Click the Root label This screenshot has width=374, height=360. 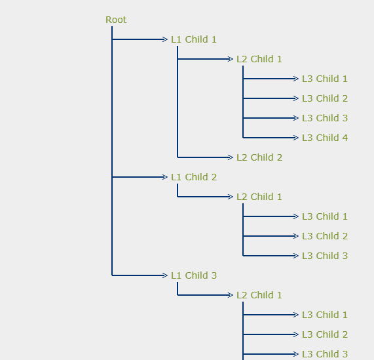click(x=116, y=20)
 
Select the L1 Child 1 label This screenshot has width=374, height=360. click(x=193, y=39)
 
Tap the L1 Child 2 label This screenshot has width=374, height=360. click(x=193, y=177)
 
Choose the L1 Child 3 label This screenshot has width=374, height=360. click(x=193, y=275)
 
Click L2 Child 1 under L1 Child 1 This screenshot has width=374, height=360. click(x=259, y=59)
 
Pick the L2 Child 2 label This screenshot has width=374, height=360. click(x=259, y=157)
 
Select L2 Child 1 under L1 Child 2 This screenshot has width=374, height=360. click(x=259, y=197)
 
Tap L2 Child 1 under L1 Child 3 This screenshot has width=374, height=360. click(x=259, y=295)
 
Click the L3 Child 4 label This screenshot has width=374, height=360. click(x=324, y=138)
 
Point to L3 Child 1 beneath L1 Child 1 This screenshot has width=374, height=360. click(x=324, y=79)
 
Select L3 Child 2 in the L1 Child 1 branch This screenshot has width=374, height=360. click(x=324, y=98)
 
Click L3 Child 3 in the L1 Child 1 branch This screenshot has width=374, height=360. click(x=324, y=118)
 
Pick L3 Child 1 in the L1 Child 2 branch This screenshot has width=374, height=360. click(x=324, y=216)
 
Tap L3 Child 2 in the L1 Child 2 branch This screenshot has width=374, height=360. click(x=324, y=236)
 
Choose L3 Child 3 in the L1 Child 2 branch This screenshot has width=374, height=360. click(x=324, y=256)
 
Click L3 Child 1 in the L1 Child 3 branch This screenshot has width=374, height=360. click(x=324, y=315)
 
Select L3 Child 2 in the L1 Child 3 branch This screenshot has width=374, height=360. click(x=324, y=334)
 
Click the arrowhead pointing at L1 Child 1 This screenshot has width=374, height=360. click(x=165, y=39)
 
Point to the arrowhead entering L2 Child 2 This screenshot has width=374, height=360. click(x=231, y=157)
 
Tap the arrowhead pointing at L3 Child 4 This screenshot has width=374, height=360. click(x=296, y=138)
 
